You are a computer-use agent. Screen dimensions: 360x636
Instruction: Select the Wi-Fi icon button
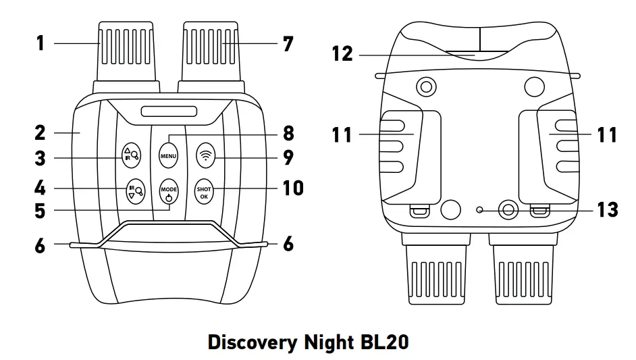click(x=204, y=155)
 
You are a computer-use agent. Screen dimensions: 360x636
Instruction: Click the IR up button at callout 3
click(x=131, y=155)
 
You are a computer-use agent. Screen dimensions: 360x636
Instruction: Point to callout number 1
click(x=41, y=44)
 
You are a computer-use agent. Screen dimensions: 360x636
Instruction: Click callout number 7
click(x=288, y=44)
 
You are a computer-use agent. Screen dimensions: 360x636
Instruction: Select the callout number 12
click(x=342, y=53)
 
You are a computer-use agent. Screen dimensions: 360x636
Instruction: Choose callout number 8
click(x=288, y=133)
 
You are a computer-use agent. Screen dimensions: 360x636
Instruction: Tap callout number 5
click(x=41, y=211)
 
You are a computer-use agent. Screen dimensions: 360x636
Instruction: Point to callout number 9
click(x=288, y=157)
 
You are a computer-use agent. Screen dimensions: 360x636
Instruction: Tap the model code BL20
click(x=381, y=342)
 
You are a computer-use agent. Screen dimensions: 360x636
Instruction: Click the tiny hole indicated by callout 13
click(x=479, y=210)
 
